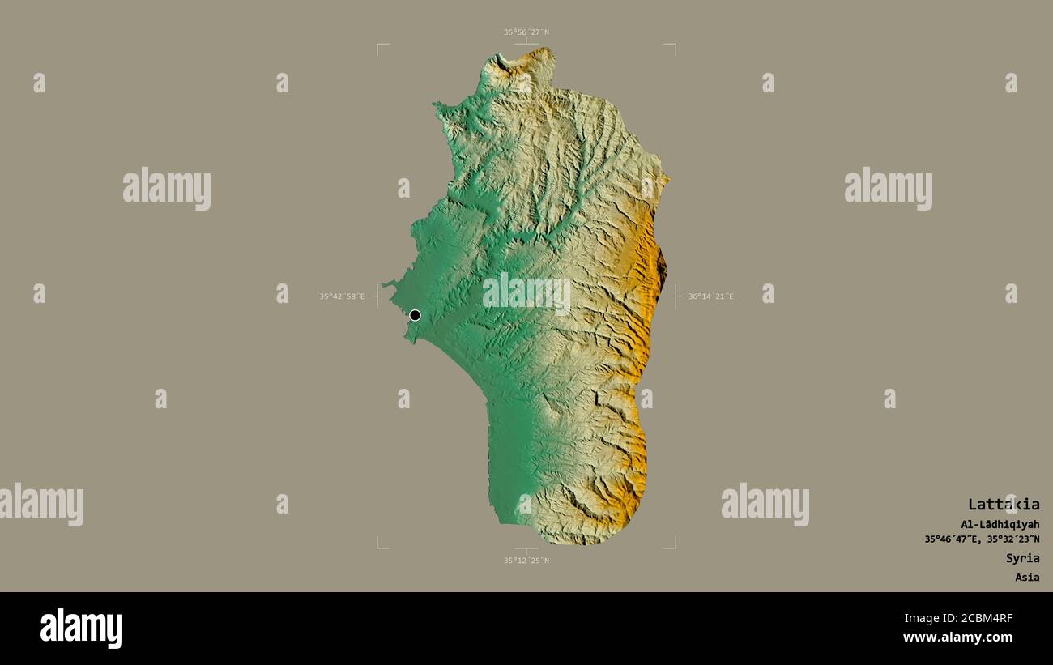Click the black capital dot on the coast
tap(415, 315)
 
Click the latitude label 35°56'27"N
tap(526, 32)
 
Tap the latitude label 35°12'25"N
tap(526, 561)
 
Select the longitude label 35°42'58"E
tap(342, 296)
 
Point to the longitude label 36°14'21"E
tap(711, 296)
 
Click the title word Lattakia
tap(1004, 505)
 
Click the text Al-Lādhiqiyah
tap(1000, 524)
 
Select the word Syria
tap(1022, 558)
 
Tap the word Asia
tap(1027, 578)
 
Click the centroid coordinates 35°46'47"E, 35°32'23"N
tap(982, 539)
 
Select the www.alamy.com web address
tap(958, 638)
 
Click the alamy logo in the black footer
tap(82, 629)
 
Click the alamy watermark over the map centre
tap(526, 293)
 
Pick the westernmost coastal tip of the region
tap(386, 283)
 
